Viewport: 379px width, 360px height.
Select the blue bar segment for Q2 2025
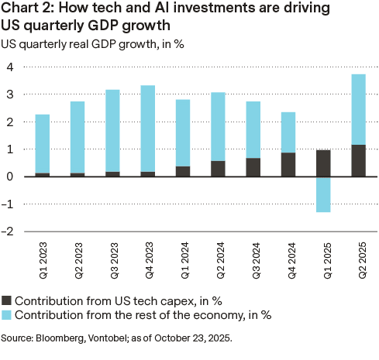coord(359,109)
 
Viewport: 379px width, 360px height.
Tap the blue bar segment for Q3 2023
coord(112,131)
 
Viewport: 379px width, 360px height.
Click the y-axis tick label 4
coord(10,67)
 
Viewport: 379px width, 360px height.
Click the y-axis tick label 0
coord(10,177)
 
